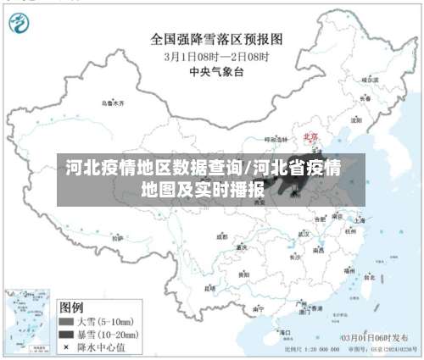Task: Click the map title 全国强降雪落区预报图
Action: [216, 39]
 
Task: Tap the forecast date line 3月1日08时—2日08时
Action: [216, 56]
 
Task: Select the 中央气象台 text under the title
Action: [216, 72]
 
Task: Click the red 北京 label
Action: [310, 135]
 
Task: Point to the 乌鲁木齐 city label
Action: [112, 102]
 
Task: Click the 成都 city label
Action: [222, 236]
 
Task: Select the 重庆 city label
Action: [243, 247]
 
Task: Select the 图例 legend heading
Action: [71, 306]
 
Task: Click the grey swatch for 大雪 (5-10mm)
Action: [65, 322]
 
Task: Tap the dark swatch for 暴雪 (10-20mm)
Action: [65, 335]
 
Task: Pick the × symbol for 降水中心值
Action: [65, 346]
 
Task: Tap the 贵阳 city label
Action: [243, 274]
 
